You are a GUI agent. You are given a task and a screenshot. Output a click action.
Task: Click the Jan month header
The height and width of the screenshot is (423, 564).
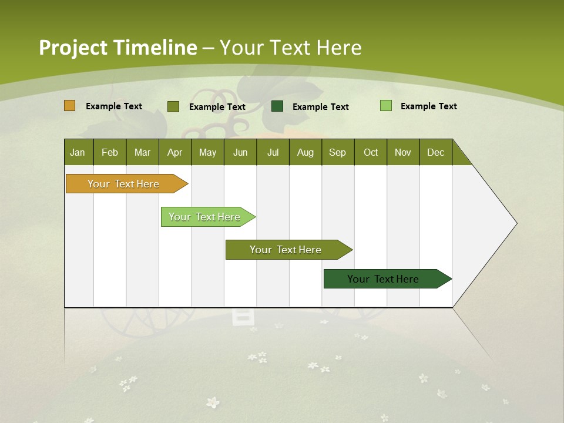click(78, 152)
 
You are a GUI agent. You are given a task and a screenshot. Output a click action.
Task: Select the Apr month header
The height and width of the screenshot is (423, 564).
click(174, 152)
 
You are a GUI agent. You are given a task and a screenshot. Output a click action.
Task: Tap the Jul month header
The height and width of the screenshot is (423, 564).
click(273, 152)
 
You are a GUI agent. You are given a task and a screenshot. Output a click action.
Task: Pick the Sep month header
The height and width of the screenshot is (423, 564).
click(337, 152)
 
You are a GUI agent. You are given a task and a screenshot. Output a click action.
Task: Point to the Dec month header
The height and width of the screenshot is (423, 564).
click(435, 152)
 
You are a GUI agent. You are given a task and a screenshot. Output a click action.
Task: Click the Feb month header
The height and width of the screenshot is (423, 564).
click(110, 152)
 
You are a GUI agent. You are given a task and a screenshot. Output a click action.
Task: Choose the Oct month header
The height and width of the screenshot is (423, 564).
click(371, 152)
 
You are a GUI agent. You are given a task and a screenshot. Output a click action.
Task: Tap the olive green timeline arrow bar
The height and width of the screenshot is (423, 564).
click(286, 250)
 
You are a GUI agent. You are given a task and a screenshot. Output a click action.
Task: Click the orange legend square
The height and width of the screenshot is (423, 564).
click(70, 106)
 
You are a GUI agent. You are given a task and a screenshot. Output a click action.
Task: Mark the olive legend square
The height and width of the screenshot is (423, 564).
click(173, 106)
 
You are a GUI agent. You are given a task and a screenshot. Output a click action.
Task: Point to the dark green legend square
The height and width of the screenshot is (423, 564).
click(277, 106)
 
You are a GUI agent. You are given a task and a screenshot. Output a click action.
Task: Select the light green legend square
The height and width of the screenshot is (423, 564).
click(386, 106)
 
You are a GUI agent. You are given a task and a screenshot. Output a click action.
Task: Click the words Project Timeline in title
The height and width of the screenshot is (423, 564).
click(118, 47)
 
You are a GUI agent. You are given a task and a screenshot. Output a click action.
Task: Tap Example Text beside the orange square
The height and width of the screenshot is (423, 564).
click(114, 106)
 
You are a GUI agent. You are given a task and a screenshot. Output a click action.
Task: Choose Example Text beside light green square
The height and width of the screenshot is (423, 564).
click(429, 106)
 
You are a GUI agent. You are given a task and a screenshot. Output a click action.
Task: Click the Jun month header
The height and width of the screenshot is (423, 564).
click(240, 152)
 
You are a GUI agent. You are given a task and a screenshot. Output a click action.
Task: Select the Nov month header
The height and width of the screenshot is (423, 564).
click(403, 152)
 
